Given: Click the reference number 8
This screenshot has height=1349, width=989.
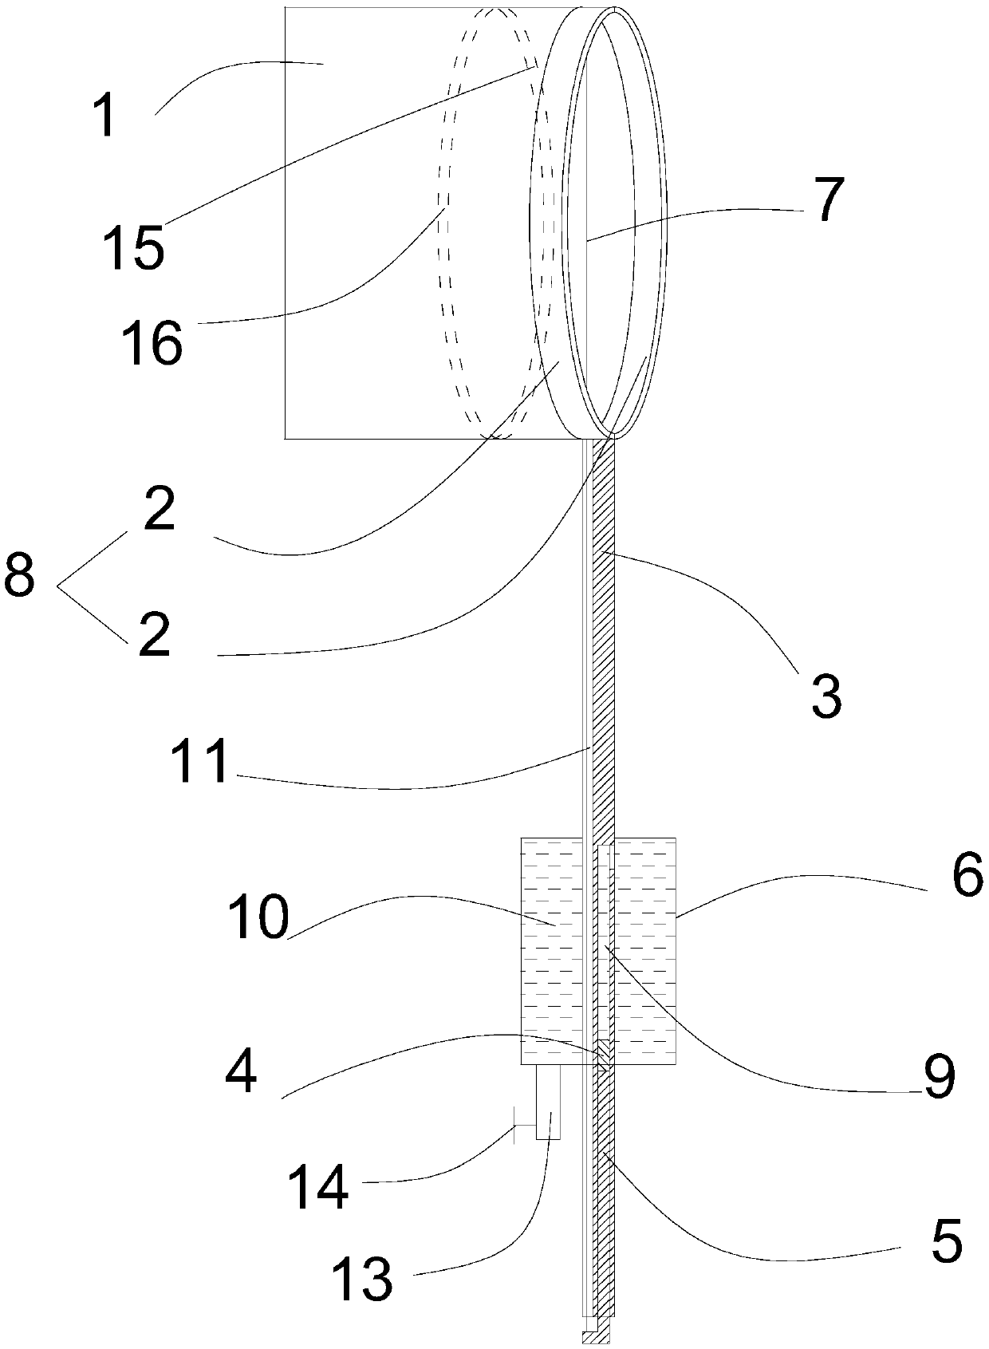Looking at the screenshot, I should tap(19, 575).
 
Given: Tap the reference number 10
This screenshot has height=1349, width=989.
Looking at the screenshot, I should tap(258, 916).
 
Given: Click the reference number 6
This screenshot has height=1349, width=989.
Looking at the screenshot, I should tap(967, 878).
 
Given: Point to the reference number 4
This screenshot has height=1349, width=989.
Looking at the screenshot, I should tap(241, 1073).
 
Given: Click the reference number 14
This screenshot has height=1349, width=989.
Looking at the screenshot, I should tap(317, 1187).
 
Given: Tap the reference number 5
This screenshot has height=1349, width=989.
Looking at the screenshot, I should tap(946, 1241).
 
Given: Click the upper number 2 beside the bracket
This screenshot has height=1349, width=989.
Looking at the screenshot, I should tap(160, 511).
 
